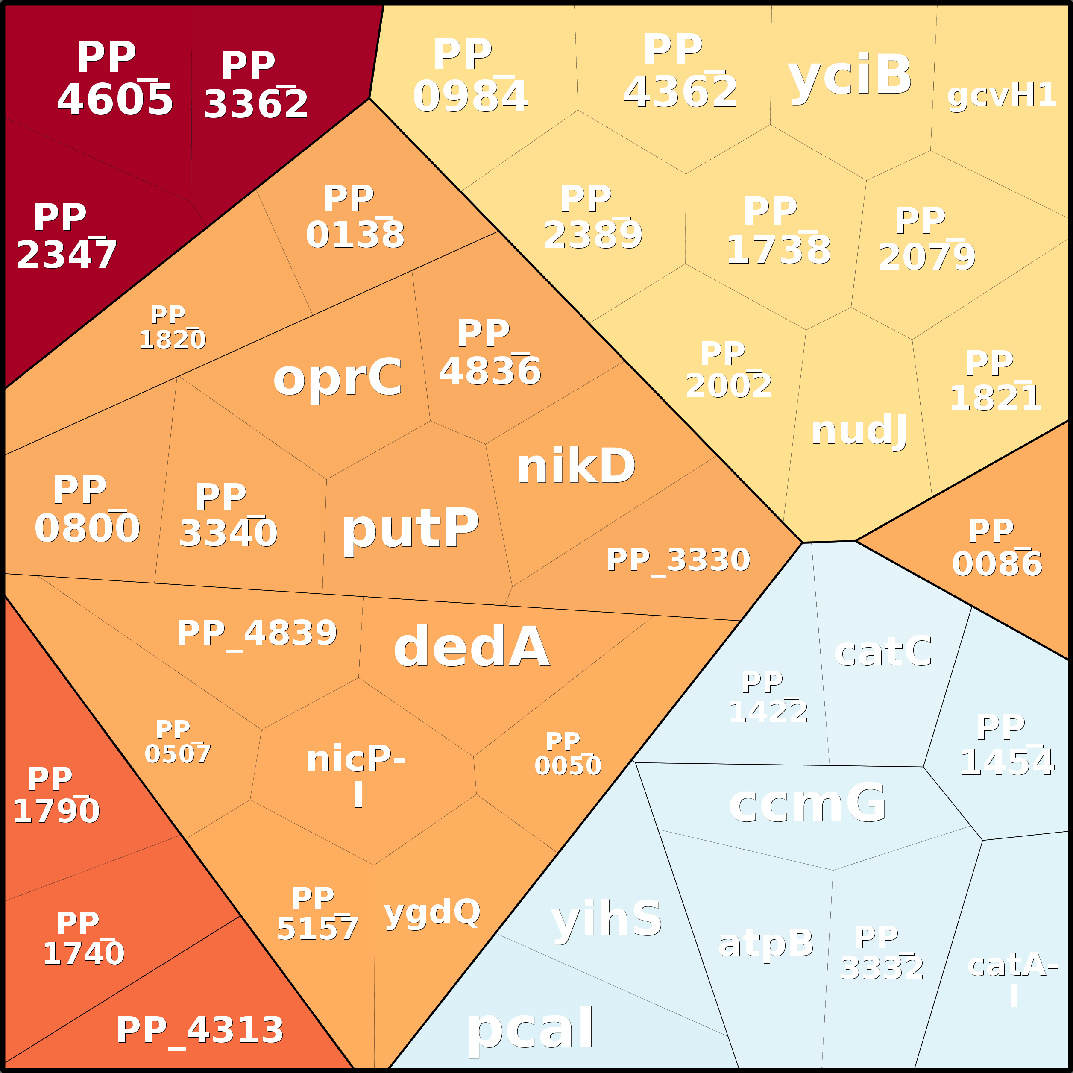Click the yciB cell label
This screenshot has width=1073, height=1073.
[850, 76]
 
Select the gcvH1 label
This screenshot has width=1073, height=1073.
[1001, 95]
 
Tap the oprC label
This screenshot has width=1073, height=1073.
[337, 378]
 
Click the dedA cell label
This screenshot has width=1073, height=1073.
[471, 647]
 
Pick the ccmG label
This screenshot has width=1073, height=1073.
[807, 803]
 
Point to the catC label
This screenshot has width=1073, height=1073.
[883, 651]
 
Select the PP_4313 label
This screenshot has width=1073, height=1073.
[199, 1030]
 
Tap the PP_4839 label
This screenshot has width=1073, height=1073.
[257, 633]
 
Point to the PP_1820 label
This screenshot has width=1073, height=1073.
[172, 328]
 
